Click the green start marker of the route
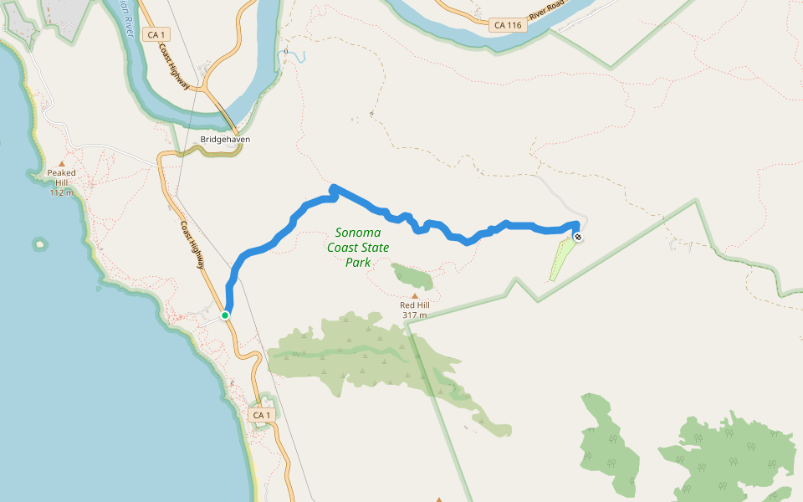(225, 315)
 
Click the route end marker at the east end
(578, 237)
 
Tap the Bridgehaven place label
(225, 139)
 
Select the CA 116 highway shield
(507, 25)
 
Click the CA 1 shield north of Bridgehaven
(156, 34)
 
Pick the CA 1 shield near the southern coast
(263, 415)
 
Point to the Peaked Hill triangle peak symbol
(61, 163)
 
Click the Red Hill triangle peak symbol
(414, 295)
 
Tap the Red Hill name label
(414, 305)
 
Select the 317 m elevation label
(414, 315)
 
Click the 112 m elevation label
(61, 192)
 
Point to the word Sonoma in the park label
(358, 232)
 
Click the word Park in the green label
(358, 262)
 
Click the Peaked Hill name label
(61, 177)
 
